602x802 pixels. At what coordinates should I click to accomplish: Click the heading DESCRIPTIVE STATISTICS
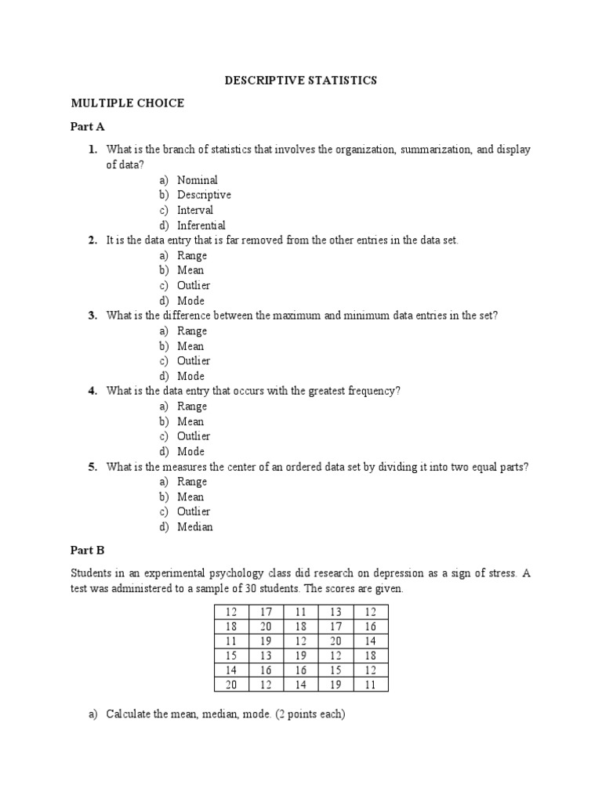pyautogui.click(x=301, y=80)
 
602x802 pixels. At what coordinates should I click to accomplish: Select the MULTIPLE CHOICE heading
pyautogui.click(x=127, y=103)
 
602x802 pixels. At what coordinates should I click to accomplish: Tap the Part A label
pyautogui.click(x=88, y=126)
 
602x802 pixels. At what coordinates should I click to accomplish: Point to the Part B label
pyautogui.click(x=88, y=551)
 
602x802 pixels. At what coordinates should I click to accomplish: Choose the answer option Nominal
pyautogui.click(x=197, y=180)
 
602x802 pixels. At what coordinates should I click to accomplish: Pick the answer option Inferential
pyautogui.click(x=201, y=226)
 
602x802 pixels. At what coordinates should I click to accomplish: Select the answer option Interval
pyautogui.click(x=194, y=210)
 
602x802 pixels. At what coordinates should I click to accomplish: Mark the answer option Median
pyautogui.click(x=194, y=527)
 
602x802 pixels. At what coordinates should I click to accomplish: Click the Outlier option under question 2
pyautogui.click(x=194, y=285)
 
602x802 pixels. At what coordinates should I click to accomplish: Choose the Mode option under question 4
pyautogui.click(x=190, y=451)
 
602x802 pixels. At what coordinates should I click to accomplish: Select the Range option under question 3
pyautogui.click(x=192, y=331)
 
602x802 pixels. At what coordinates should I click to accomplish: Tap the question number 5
pyautogui.click(x=92, y=467)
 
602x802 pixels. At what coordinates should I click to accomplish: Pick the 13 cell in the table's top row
pyautogui.click(x=336, y=612)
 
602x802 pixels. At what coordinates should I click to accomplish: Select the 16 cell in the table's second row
pyautogui.click(x=371, y=627)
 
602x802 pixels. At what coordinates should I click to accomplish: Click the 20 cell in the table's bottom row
pyautogui.click(x=231, y=685)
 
